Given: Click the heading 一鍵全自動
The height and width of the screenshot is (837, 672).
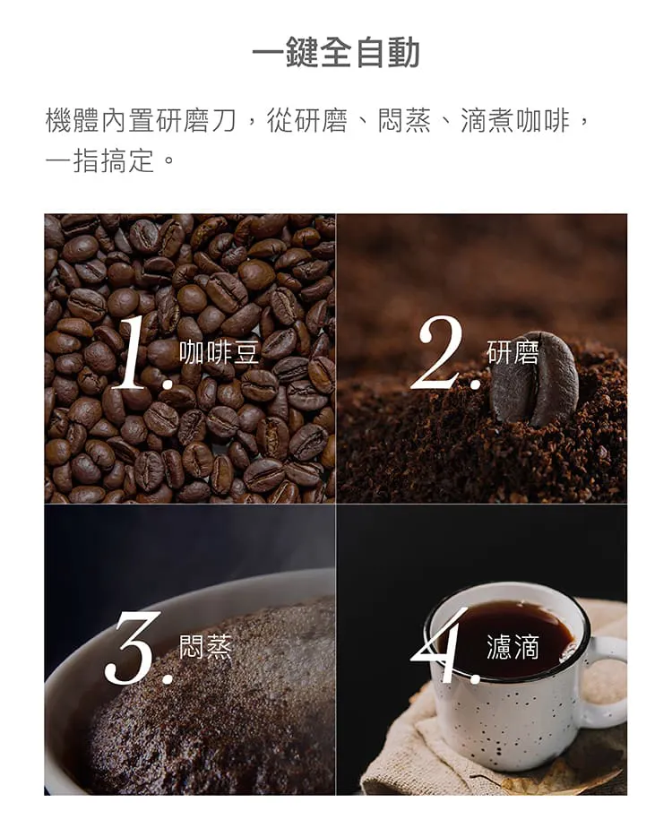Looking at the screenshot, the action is pos(336,53).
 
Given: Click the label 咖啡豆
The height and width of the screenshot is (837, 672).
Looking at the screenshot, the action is pos(219,353).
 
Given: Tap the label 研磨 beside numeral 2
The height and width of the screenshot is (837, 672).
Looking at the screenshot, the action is pos(513,353).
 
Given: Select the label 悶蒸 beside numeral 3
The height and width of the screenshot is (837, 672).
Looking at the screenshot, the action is pos(205,646).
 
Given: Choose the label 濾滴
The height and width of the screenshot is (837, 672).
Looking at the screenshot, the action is pos(513,646).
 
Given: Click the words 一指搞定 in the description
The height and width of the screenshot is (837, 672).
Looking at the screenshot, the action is pos(99,160).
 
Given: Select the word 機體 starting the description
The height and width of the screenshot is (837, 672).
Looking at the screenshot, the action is pos(73,120).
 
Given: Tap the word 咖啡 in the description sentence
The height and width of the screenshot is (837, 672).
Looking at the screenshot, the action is pos(542,120).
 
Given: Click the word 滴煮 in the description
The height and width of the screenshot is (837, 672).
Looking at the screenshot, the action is pos(487,120).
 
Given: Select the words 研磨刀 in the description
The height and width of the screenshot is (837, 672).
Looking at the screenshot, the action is pos(195,120).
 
